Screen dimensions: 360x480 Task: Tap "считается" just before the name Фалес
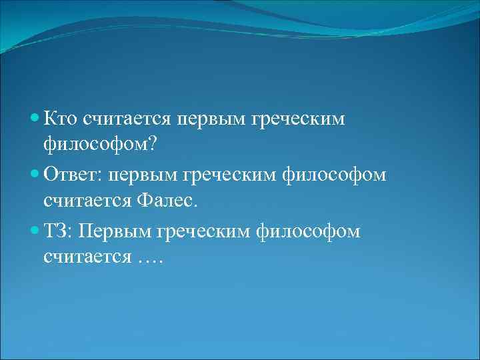[x=89, y=200]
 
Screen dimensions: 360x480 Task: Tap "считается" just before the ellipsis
[x=89, y=257]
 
